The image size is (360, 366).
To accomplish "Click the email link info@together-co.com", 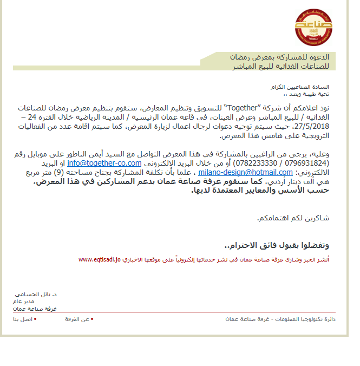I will point(104,163).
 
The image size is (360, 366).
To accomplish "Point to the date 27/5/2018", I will point(313,126).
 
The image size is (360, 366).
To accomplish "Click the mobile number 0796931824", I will point(307,163).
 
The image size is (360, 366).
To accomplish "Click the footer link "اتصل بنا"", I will point(24,319).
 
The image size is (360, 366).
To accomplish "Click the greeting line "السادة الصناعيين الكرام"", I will point(307,87).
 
